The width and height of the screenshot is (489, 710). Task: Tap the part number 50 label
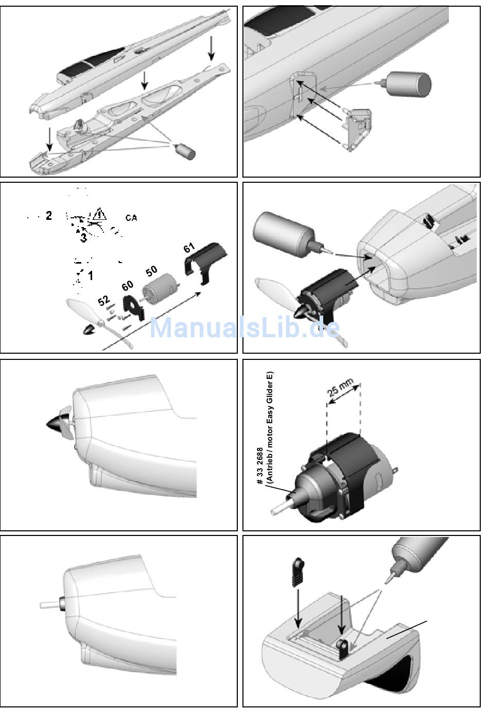[151, 270]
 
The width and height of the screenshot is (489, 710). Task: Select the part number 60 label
[127, 285]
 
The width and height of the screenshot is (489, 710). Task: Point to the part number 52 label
[104, 299]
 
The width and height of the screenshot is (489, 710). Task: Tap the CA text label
[131, 218]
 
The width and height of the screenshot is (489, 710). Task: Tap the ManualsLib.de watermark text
[244, 327]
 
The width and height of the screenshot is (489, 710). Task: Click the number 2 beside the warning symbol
[49, 216]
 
